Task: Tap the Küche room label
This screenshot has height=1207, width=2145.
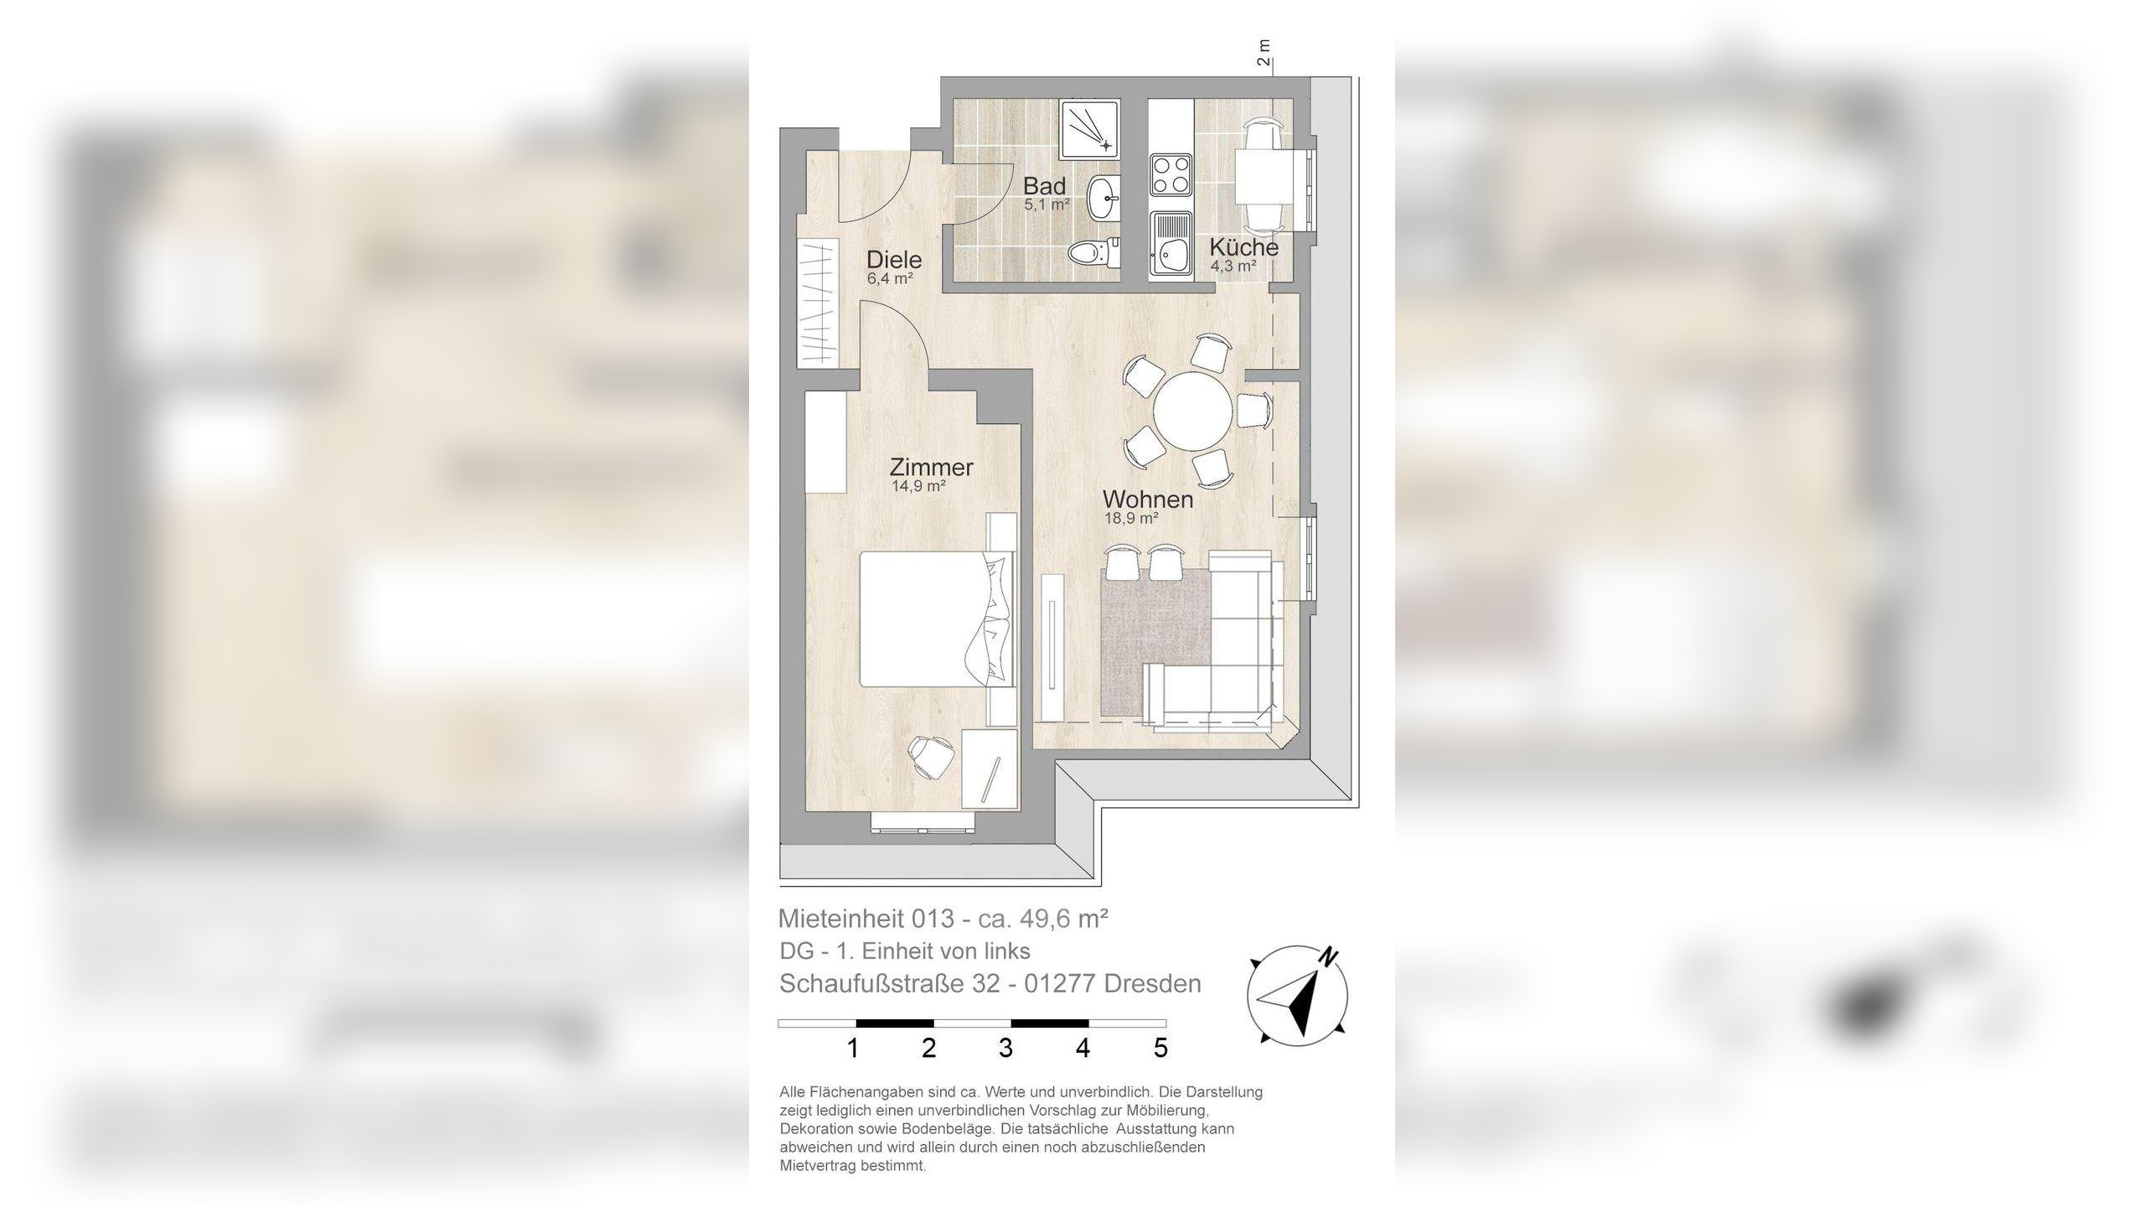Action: click(x=1243, y=247)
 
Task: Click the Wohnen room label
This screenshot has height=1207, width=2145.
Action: click(x=1147, y=500)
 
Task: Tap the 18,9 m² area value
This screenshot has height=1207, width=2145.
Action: click(x=1131, y=519)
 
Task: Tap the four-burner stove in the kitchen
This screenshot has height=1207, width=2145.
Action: click(x=1171, y=174)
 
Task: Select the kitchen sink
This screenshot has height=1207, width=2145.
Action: click(x=1171, y=244)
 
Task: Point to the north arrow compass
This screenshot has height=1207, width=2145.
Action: click(x=1298, y=995)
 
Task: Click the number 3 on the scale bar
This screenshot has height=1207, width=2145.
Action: click(x=1005, y=1048)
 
